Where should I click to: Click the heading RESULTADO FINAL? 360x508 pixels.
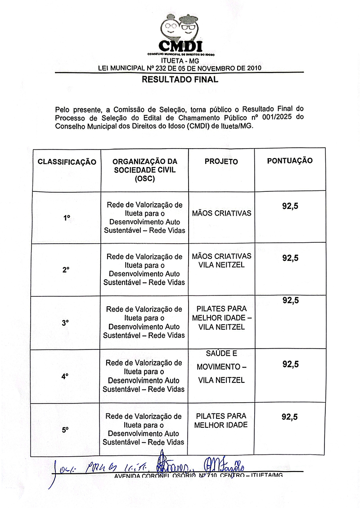click(180, 80)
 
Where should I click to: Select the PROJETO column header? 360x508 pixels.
click(221, 162)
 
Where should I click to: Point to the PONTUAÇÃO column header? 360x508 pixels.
click(290, 160)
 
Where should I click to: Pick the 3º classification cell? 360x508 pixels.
click(66, 323)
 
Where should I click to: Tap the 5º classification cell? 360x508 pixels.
click(66, 430)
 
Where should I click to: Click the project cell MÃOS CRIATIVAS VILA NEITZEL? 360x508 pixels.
click(221, 260)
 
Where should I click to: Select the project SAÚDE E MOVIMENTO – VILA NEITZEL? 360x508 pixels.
click(221, 367)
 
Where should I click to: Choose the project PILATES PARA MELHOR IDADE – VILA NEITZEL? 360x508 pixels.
click(221, 318)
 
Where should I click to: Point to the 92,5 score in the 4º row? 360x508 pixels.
click(290, 364)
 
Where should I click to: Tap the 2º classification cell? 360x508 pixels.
click(66, 270)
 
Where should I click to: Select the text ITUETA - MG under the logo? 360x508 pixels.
click(180, 61)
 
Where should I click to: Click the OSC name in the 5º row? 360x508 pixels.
click(144, 429)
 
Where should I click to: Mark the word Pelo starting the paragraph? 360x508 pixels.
click(63, 109)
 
